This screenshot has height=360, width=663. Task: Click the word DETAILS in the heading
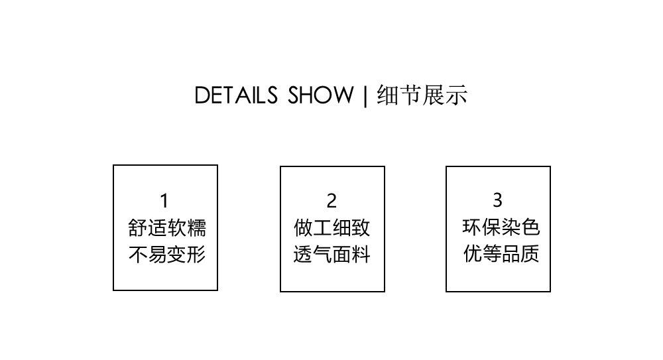tap(236, 95)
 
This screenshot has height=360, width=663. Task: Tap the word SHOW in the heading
tap(321, 95)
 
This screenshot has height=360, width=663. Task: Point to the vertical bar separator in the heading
tap(365, 96)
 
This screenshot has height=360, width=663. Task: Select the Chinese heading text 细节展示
tap(422, 95)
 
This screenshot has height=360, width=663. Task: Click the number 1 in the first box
tap(164, 200)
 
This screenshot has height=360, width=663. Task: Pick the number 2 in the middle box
tap(332, 200)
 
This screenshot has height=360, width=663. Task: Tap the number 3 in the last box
tap(497, 200)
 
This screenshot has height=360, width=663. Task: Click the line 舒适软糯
tap(166, 228)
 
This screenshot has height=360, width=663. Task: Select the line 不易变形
tap(166, 255)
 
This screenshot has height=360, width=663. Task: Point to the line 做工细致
tap(332, 228)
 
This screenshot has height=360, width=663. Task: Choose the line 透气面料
tap(332, 255)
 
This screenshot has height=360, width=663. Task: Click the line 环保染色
tap(501, 227)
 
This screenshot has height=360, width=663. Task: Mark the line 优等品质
tap(501, 254)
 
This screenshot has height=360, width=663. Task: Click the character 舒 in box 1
tap(137, 228)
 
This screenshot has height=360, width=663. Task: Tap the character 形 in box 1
tap(196, 255)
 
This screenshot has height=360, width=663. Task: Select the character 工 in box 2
tap(322, 228)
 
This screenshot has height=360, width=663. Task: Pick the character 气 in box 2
tap(322, 255)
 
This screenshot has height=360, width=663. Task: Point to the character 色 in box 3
tap(531, 227)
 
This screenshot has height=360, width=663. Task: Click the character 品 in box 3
tap(511, 254)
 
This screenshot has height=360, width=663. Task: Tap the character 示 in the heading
tap(457, 95)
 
